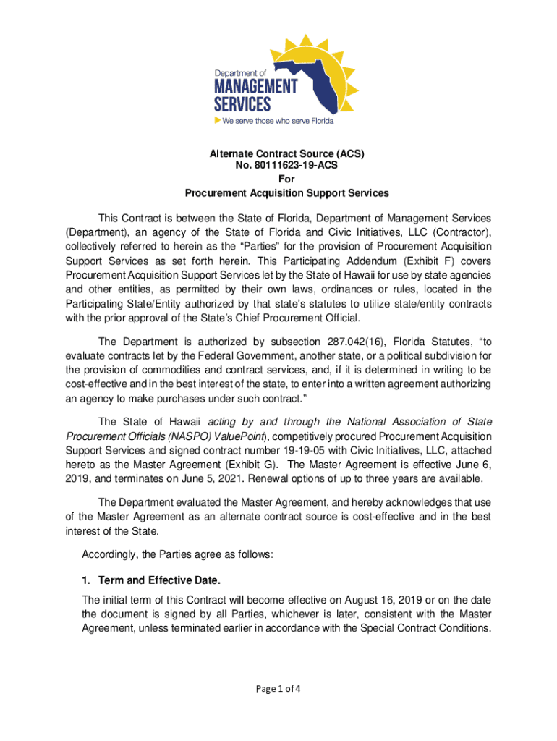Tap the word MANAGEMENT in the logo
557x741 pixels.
click(255, 86)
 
